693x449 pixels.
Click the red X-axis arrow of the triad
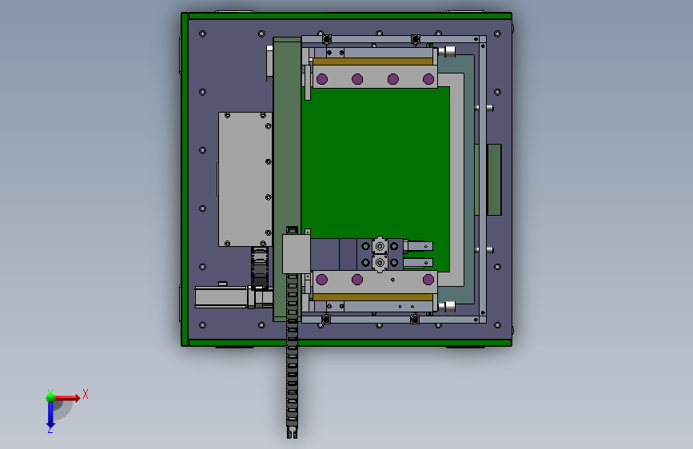tap(66, 398)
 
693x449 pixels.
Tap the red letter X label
tap(86, 394)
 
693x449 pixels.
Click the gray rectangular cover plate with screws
tap(245, 179)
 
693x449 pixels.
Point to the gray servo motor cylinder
tap(221, 297)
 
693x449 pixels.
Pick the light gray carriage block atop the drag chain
tap(296, 254)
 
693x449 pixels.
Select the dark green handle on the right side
tap(494, 180)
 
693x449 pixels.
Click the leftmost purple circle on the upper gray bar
tap(322, 79)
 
